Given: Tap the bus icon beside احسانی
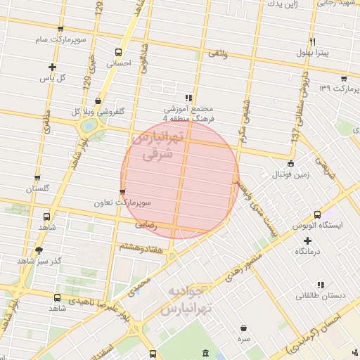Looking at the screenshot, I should point(117,52).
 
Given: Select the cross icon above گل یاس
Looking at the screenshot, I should point(52,67).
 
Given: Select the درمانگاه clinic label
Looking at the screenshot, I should point(309,251).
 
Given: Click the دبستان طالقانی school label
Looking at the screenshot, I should point(321,296).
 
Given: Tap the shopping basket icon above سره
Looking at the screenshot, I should point(244,328).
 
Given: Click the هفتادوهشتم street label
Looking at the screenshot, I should point(143,247).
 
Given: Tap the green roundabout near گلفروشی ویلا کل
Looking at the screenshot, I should point(89,126).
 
